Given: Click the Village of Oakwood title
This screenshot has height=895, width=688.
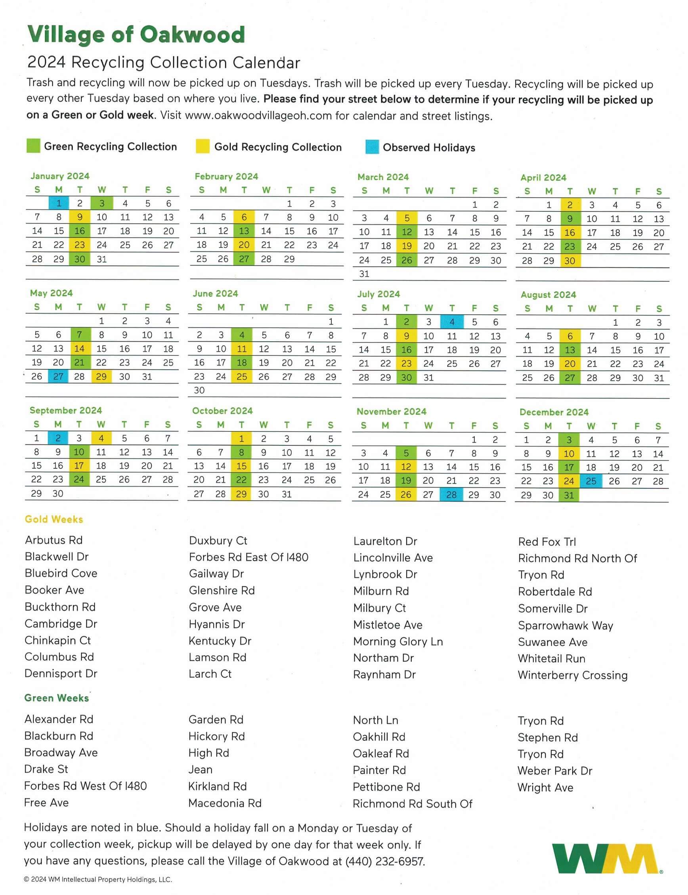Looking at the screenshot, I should [136, 34].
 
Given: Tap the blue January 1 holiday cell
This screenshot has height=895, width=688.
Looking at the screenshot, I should [59, 203].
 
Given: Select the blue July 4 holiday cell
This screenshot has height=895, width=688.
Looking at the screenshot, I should [452, 322].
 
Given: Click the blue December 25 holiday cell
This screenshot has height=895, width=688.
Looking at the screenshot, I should [591, 481].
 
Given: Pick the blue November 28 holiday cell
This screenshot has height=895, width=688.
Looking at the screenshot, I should [451, 494].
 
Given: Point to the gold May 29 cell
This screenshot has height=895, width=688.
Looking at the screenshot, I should [101, 376].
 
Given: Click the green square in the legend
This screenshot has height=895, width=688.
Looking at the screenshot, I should [33, 146].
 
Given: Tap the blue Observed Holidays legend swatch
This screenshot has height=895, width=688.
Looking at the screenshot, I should [372, 147].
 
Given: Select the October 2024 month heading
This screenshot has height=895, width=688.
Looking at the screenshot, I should [222, 410].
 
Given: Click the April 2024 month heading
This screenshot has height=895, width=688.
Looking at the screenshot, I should [543, 177].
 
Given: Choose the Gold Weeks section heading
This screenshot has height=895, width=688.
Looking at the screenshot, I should [54, 519].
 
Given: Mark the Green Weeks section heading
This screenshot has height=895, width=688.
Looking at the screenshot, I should [57, 698].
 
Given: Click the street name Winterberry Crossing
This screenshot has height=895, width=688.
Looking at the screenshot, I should [573, 675].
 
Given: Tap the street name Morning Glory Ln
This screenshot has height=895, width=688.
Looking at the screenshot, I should [398, 641].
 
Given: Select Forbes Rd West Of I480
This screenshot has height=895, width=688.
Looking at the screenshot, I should [85, 786].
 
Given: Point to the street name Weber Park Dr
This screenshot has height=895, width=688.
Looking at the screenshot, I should [555, 771].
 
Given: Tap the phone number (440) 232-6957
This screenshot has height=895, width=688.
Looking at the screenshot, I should [385, 861].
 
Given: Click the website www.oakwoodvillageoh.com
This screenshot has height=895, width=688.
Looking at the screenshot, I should [258, 116].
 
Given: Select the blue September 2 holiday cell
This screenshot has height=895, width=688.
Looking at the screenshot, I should [58, 438].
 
